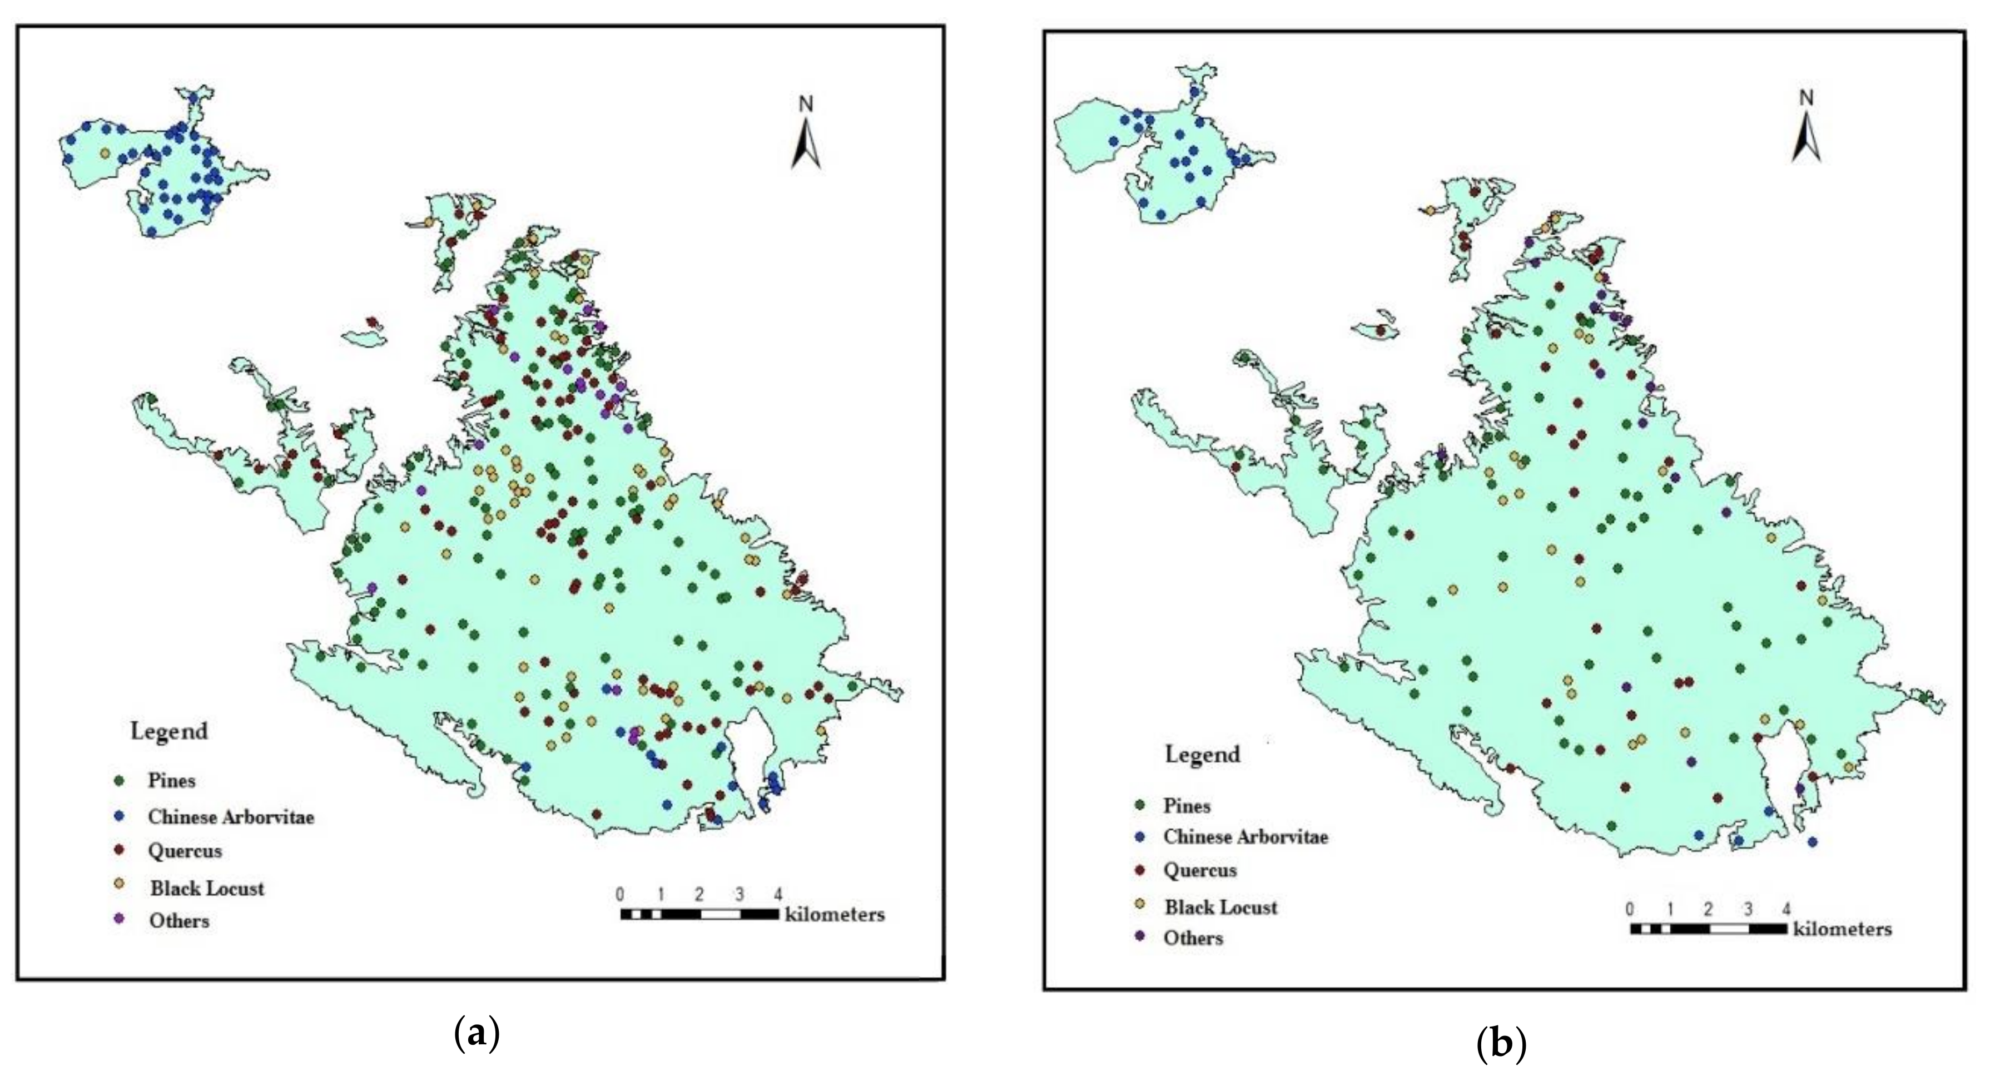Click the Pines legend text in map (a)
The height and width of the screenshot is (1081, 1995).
171,781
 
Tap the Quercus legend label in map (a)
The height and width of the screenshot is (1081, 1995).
185,851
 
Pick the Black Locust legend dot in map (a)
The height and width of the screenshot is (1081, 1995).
118,884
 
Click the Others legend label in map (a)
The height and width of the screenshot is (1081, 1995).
179,921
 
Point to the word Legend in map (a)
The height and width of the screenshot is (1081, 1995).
169,731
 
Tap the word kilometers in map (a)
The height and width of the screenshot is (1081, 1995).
835,915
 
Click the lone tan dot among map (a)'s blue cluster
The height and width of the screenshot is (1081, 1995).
105,153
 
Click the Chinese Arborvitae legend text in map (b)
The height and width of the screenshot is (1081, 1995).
1245,837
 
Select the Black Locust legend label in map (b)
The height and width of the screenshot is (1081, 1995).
1220,908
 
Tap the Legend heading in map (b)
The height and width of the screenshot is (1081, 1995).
1202,754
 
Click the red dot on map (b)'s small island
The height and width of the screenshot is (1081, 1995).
1380,331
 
